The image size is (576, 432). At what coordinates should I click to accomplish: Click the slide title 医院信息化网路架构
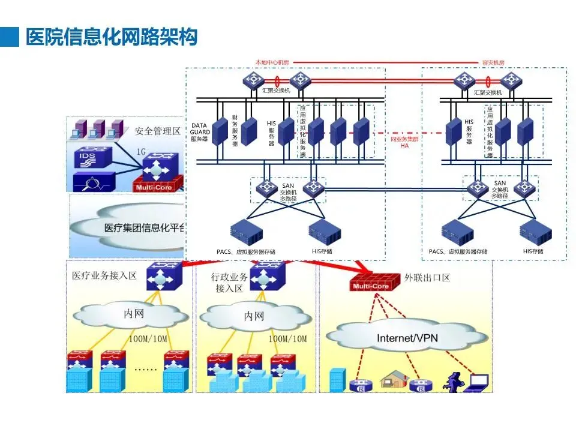pos(112,37)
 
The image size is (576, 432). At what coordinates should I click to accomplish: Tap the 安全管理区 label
pos(157,130)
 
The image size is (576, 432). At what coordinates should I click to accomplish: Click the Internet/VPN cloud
pos(407,338)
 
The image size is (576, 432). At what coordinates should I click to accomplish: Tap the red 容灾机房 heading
pos(493,62)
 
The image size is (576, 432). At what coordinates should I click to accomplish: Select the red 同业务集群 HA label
pos(404,142)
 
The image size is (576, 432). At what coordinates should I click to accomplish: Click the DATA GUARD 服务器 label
pos(199,133)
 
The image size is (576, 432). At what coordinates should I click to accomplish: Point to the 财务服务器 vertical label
pos(235,131)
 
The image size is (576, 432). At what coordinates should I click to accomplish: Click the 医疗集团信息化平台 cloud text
pos(144,228)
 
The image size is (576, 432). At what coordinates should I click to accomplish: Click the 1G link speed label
pos(142,151)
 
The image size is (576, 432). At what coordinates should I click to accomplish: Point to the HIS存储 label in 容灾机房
pos(532,251)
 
